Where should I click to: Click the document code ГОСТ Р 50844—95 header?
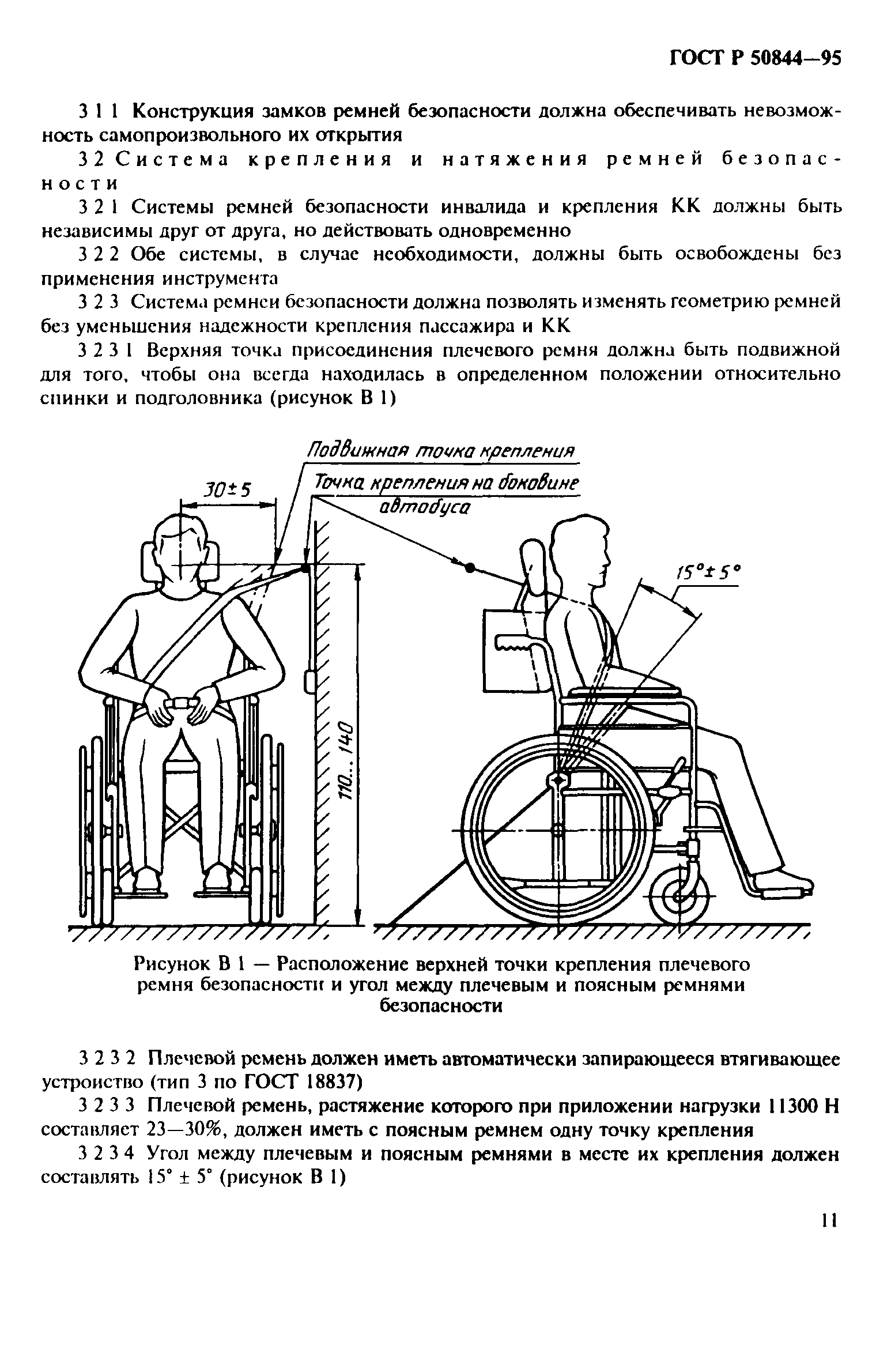point(755,59)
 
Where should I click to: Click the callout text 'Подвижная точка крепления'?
point(440,450)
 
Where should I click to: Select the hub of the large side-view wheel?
point(557,831)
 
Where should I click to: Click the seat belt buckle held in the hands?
point(181,703)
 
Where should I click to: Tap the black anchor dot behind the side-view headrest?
point(469,568)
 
